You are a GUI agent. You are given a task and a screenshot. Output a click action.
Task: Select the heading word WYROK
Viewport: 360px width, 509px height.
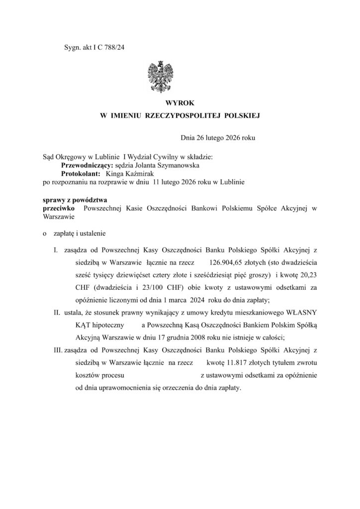tap(180, 102)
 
